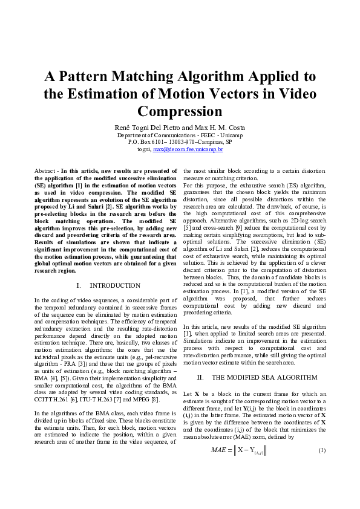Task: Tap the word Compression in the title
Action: pos(180,112)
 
